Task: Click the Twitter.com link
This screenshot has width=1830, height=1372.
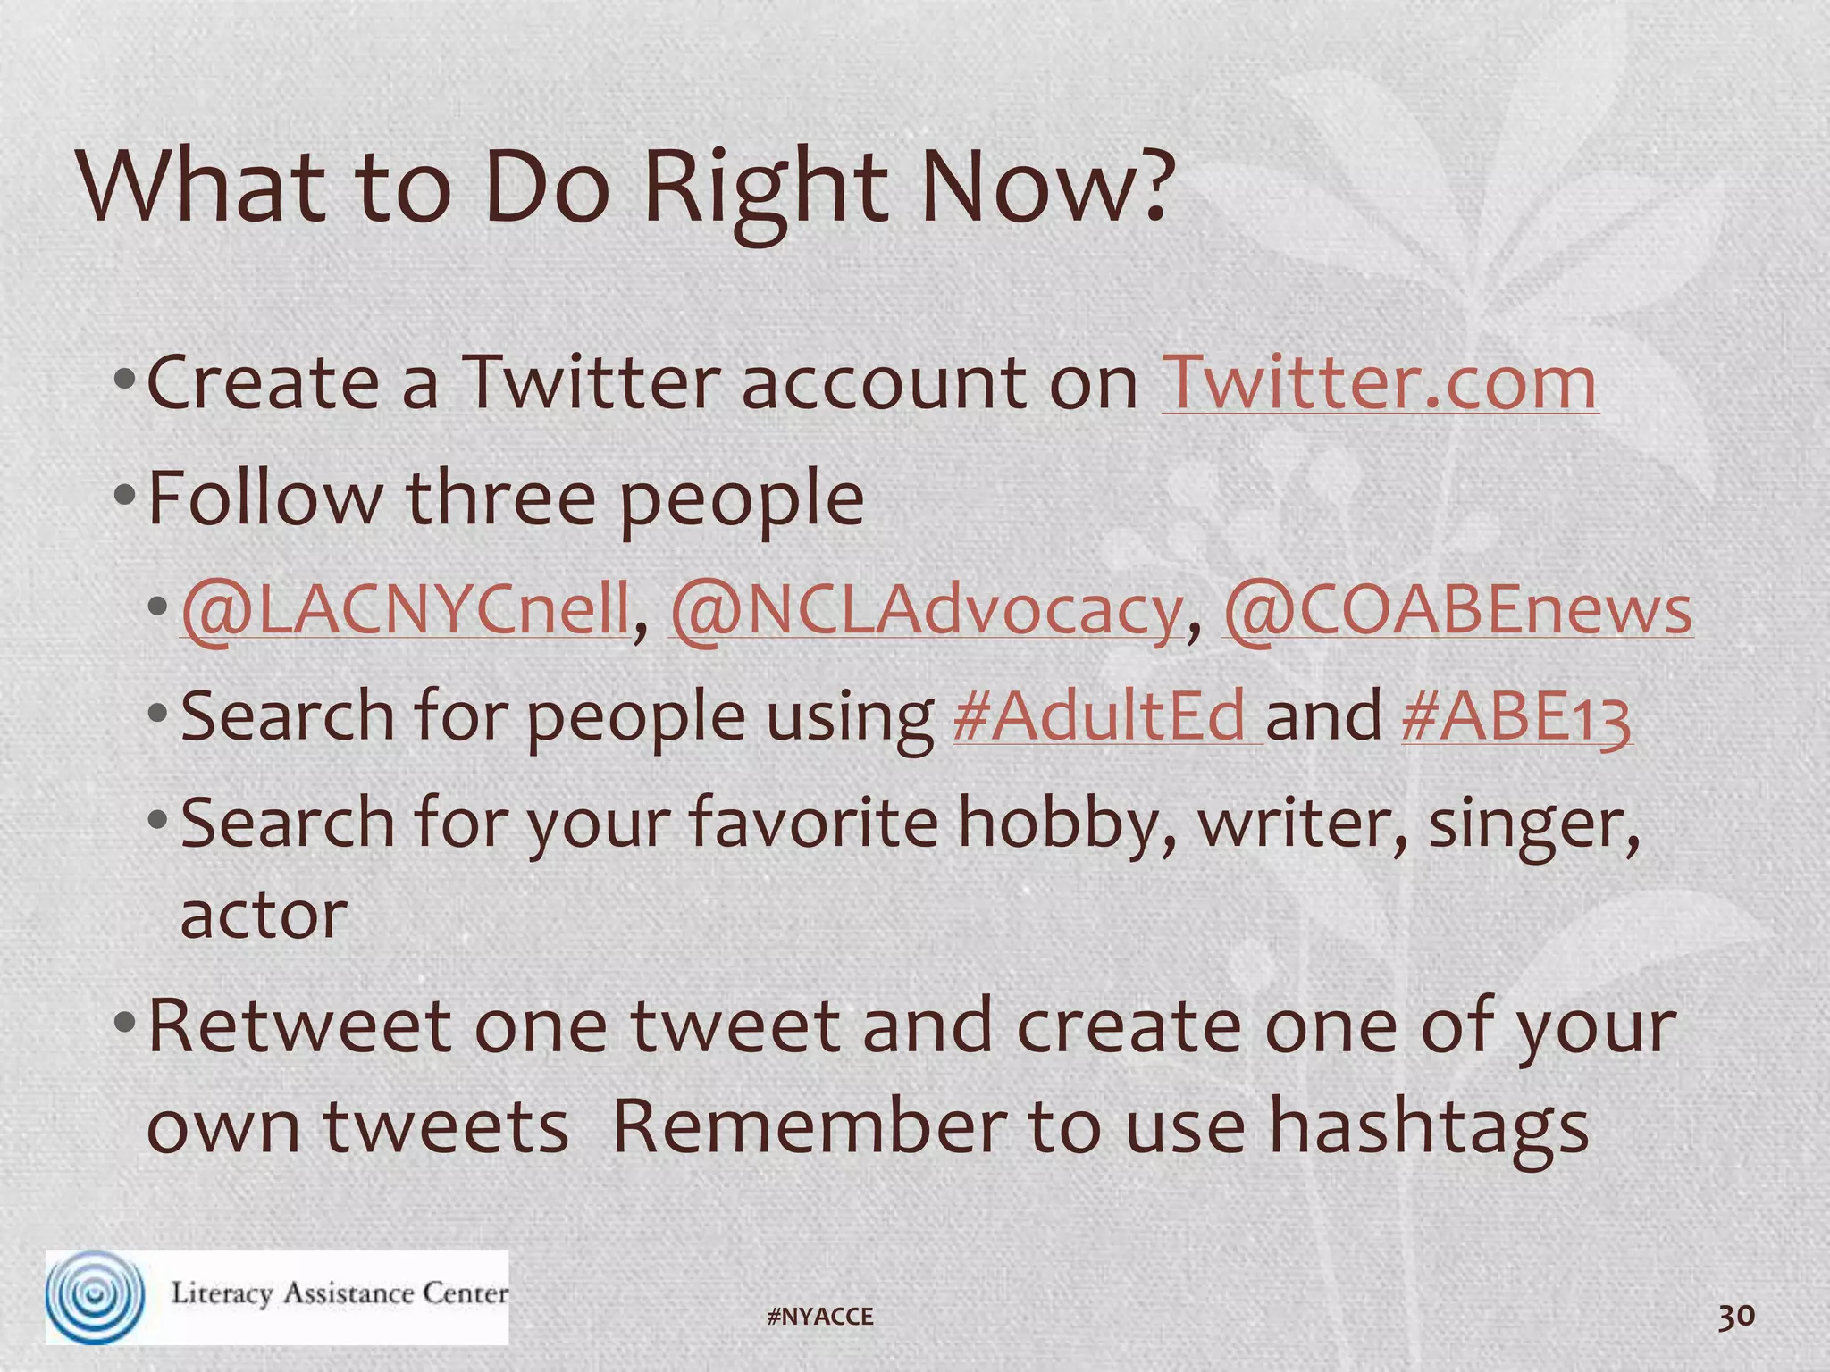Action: point(1379,383)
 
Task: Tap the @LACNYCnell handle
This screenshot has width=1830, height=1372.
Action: point(406,611)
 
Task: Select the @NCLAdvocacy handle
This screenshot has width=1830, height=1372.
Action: point(927,611)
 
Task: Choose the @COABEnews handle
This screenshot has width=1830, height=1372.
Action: point(1457,611)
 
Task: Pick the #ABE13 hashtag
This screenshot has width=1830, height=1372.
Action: point(1516,716)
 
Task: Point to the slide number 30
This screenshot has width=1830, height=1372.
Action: point(1736,1316)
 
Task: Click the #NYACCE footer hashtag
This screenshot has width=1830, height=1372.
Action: point(820,1317)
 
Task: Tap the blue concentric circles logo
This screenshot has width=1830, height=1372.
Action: point(95,1296)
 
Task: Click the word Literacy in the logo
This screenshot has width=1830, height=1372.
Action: point(222,1293)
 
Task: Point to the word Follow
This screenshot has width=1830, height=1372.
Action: point(264,498)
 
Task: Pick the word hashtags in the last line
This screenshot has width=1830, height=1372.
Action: point(1428,1127)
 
